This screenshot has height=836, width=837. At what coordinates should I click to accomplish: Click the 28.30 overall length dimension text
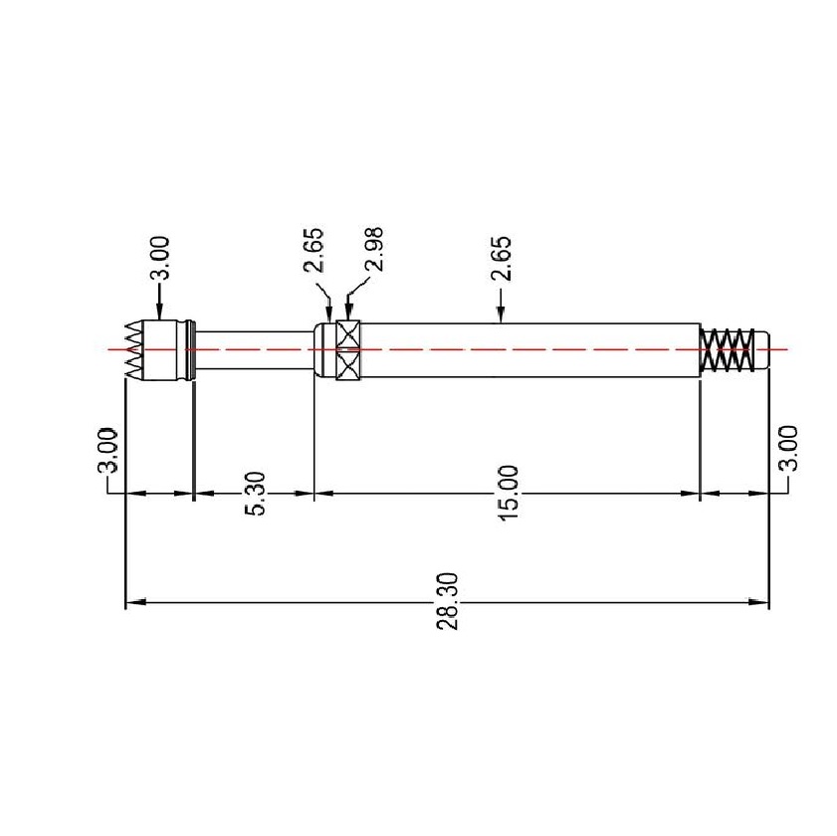pos(447,600)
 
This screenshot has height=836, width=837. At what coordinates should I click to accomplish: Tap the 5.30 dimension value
pos(254,493)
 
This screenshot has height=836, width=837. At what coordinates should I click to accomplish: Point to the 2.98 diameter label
pos(374,250)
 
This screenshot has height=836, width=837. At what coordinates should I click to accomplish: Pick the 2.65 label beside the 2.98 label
pos(314,251)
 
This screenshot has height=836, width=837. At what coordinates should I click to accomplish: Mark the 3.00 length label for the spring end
pos(787,449)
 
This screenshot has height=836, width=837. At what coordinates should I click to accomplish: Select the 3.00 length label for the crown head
pos(109,451)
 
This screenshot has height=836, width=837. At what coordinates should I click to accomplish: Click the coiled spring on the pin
pos(726,350)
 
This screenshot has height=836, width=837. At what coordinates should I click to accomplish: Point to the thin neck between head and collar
pos(254,350)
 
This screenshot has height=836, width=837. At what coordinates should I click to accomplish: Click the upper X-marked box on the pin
pos(347,334)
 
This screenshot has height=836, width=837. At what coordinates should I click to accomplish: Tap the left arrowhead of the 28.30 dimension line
pos(133,601)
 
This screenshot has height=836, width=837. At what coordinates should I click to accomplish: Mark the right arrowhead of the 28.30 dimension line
pos(761,601)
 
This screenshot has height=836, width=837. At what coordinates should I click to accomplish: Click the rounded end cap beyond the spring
pos(765,350)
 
